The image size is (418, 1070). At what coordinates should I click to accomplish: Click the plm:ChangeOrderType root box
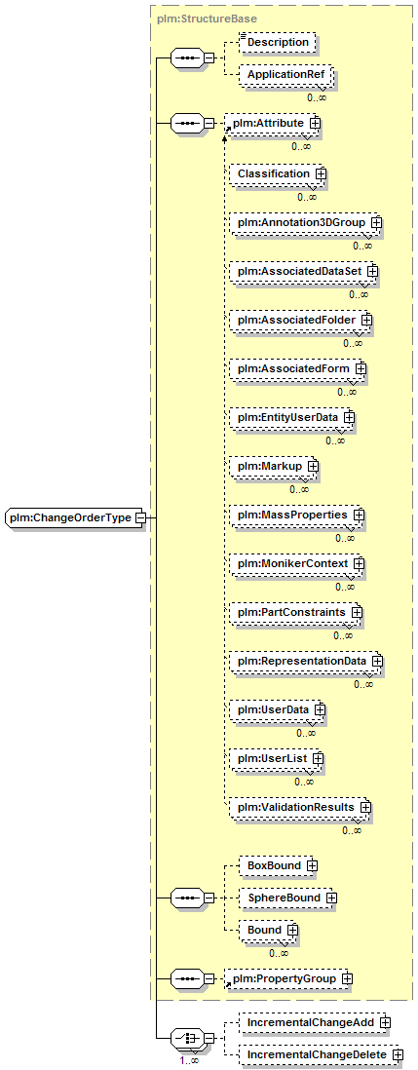coord(75,517)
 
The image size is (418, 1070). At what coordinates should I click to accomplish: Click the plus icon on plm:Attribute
coord(315,123)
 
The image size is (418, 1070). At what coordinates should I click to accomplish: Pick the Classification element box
coord(277,174)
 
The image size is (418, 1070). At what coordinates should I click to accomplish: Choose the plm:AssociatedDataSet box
coord(303,272)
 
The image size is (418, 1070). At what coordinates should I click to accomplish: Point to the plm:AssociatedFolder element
coord(300,320)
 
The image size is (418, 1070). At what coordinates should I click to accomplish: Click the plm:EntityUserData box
coord(292,416)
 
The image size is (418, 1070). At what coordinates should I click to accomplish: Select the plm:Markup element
coord(274,466)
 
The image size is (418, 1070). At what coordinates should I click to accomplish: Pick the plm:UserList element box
coord(275,759)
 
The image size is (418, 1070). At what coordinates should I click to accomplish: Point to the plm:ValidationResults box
coord(299,807)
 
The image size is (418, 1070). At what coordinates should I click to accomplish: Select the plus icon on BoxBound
coord(312,866)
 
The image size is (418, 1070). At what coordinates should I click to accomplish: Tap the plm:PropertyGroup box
coord(289,979)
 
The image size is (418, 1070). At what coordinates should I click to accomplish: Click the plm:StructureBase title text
coord(198,19)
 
